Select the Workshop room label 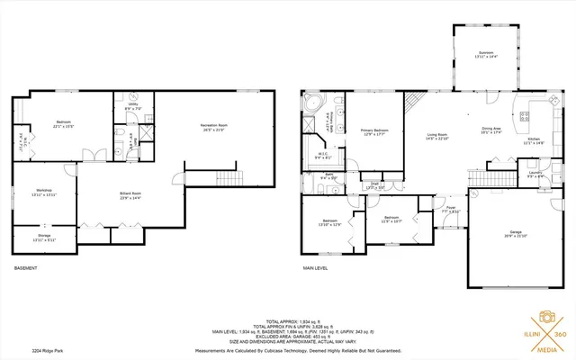point(44,192)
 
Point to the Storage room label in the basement point(44,238)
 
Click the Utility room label point(131,107)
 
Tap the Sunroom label point(485,55)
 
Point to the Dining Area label point(490,131)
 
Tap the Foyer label point(451,209)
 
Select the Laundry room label point(534,174)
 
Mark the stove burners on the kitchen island point(526,114)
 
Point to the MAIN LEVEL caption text point(315,269)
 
